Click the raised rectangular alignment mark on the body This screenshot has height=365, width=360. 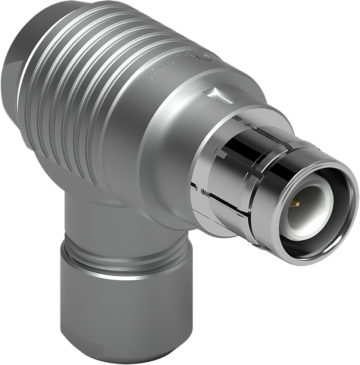(x=219, y=95)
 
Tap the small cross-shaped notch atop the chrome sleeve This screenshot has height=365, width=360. (x=248, y=124)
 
